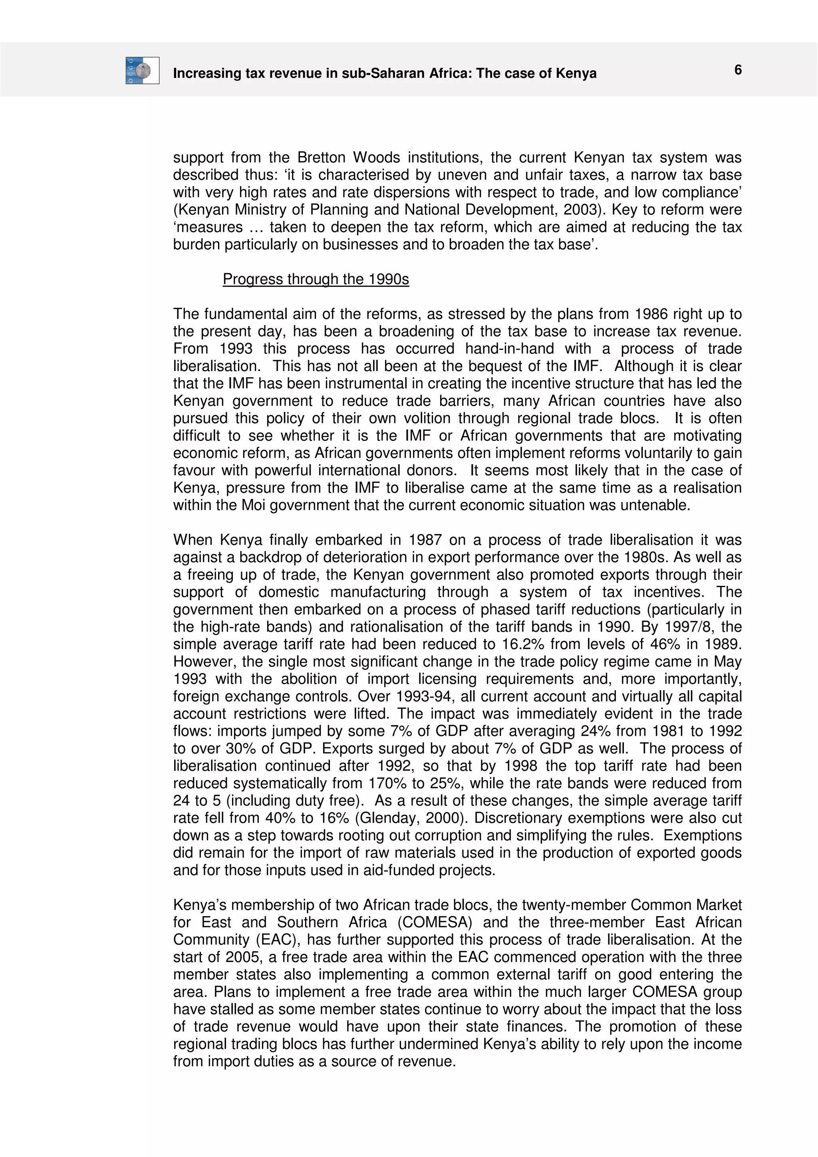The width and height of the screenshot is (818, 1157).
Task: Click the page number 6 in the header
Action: coord(737,70)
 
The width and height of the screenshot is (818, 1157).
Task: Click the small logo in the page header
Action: coord(143,71)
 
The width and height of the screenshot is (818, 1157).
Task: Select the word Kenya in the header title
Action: coord(576,73)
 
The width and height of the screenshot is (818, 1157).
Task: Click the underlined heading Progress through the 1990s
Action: coord(316,279)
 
